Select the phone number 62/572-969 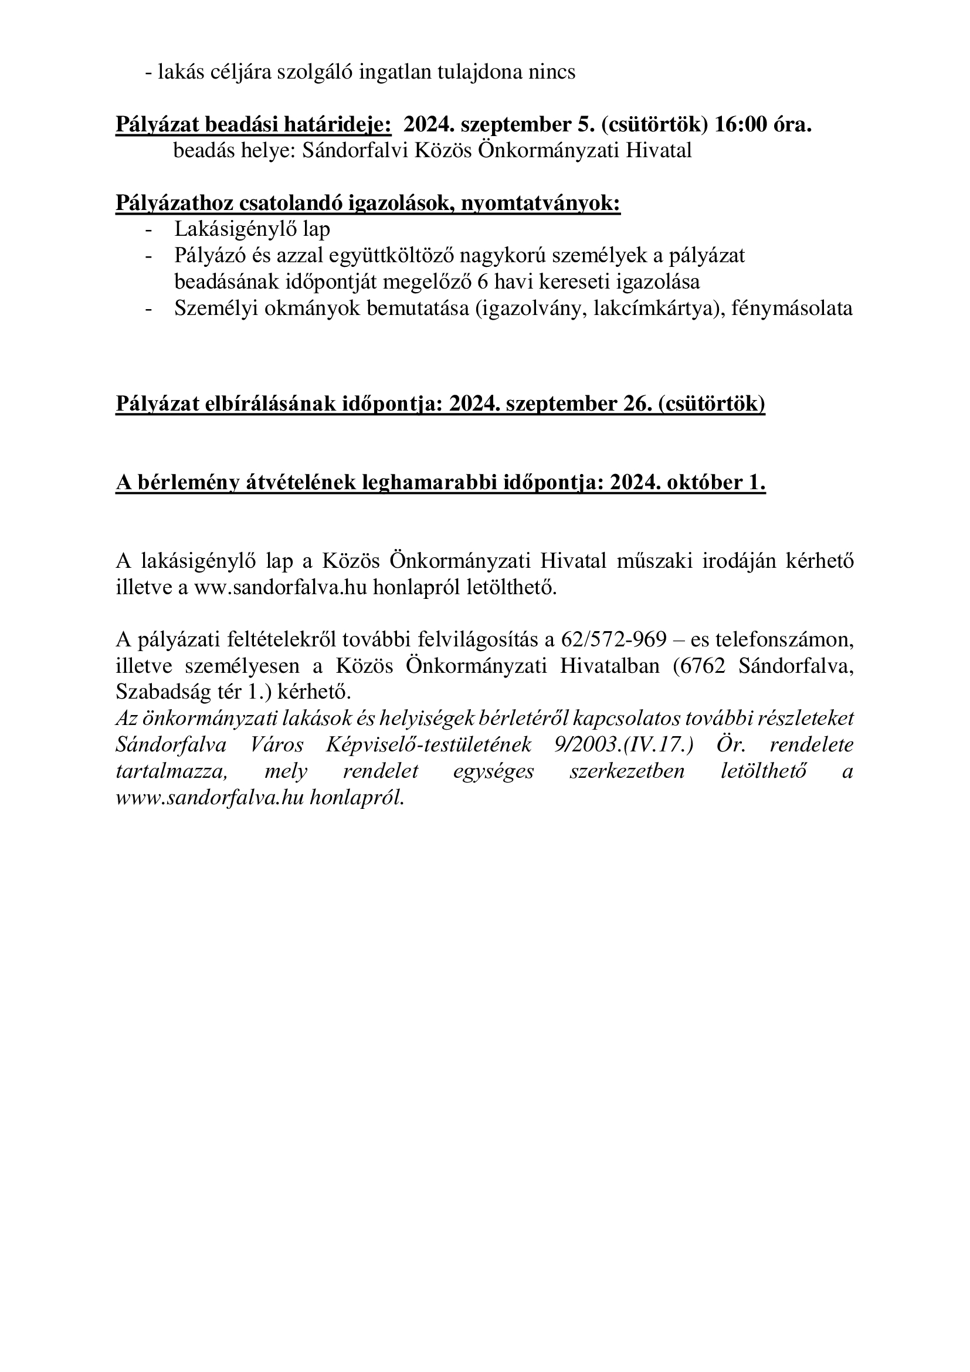point(613,640)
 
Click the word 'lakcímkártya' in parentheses point(651,309)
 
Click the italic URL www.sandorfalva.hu point(209,798)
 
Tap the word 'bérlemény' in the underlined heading point(189,483)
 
